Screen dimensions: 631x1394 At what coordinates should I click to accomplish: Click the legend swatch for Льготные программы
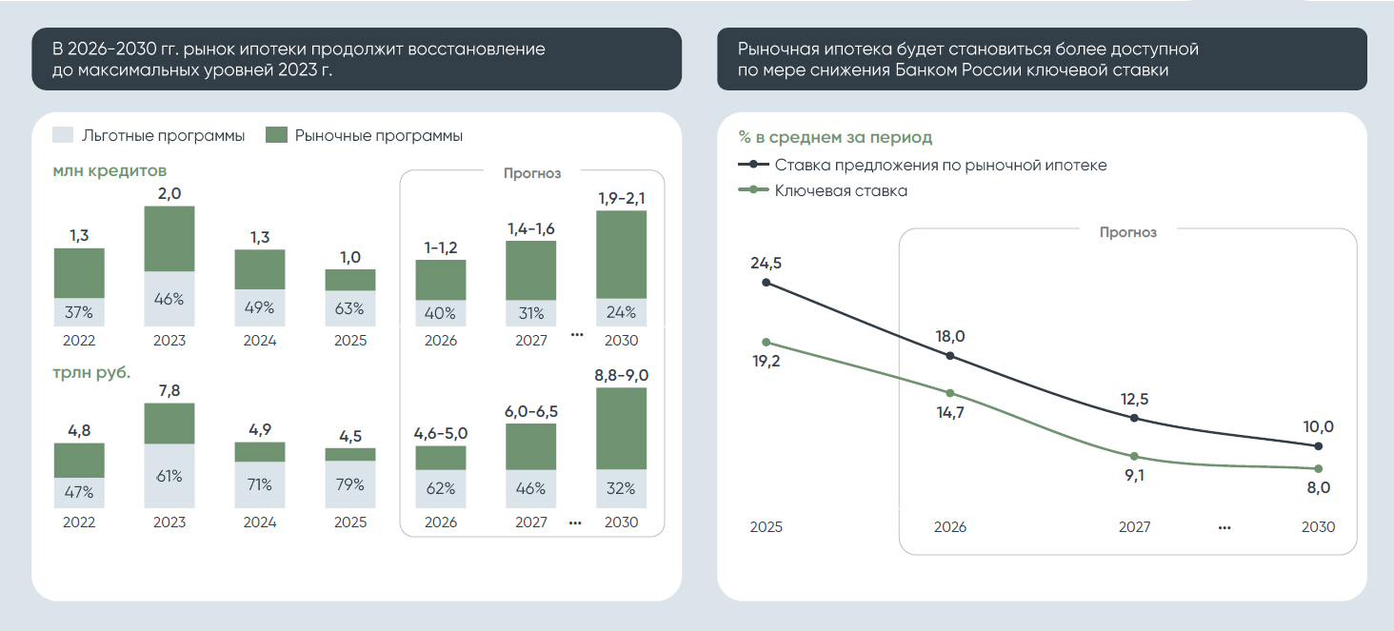pyautogui.click(x=63, y=135)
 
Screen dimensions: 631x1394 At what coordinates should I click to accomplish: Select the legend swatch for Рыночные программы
pyautogui.click(x=276, y=135)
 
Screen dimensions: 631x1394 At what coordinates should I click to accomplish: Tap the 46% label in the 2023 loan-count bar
pyautogui.click(x=169, y=298)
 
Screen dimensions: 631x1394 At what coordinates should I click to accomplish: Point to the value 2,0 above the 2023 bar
pyautogui.click(x=169, y=193)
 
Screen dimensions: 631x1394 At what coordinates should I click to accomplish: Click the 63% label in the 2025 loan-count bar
pyautogui.click(x=350, y=308)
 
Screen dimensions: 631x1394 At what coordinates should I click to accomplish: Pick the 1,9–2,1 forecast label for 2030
pyautogui.click(x=622, y=198)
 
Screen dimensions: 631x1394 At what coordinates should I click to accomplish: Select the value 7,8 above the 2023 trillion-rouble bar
pyautogui.click(x=169, y=390)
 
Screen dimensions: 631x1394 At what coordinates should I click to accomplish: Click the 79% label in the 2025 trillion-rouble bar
pyautogui.click(x=350, y=484)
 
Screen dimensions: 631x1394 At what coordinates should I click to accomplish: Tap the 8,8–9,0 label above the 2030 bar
pyautogui.click(x=622, y=375)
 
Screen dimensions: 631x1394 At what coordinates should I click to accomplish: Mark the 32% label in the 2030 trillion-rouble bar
pyautogui.click(x=622, y=488)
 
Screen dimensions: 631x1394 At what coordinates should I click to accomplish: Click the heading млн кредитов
pyautogui.click(x=110, y=171)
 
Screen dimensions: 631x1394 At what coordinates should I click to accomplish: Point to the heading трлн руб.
pyautogui.click(x=92, y=372)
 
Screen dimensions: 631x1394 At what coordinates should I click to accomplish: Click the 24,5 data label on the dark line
pyautogui.click(x=767, y=263)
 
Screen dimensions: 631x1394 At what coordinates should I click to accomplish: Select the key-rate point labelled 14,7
pyautogui.click(x=949, y=393)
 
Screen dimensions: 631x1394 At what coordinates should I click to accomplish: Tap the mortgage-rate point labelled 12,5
pyautogui.click(x=1133, y=418)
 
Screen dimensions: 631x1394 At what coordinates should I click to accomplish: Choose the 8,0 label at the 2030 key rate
pyautogui.click(x=1318, y=487)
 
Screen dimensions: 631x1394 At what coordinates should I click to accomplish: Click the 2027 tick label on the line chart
pyautogui.click(x=1134, y=526)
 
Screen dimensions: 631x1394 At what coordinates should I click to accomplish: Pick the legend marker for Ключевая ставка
pyautogui.click(x=754, y=190)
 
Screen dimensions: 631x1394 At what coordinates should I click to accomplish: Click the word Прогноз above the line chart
pyautogui.click(x=1127, y=231)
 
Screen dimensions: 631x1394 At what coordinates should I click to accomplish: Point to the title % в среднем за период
pyautogui.click(x=835, y=138)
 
